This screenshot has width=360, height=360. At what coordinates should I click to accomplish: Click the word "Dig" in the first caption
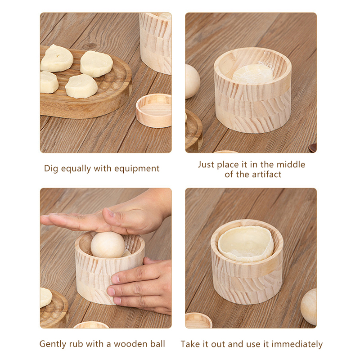(x=51, y=169)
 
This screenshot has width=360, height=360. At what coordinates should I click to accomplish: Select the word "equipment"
(x=137, y=169)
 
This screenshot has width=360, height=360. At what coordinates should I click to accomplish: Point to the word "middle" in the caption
(x=291, y=164)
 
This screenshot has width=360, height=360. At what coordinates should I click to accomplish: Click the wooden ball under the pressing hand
(x=108, y=245)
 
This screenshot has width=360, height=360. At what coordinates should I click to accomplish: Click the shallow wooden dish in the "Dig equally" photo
(x=154, y=110)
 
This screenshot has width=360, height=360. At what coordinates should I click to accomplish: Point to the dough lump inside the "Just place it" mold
(x=253, y=74)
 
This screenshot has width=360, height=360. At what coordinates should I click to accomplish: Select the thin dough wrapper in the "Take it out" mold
(x=246, y=243)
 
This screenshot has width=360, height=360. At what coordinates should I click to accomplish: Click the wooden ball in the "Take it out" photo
(x=309, y=306)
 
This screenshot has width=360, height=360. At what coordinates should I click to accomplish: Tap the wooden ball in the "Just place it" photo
(x=193, y=81)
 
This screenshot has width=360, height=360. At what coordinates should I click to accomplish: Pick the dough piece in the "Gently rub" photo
(x=46, y=297)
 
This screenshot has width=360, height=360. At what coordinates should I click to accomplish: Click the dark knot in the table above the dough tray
(x=90, y=46)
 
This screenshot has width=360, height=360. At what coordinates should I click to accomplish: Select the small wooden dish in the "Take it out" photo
(x=198, y=320)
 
